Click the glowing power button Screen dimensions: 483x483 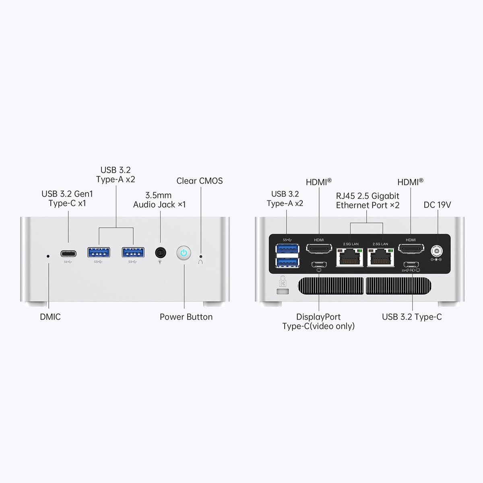point(184,253)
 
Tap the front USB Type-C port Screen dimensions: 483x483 point(68,254)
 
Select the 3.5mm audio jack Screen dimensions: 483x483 point(161,253)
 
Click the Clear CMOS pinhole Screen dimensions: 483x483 point(201,256)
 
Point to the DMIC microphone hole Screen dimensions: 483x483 point(48,256)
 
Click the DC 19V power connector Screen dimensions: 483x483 point(436,251)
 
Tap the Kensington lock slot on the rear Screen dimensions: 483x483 point(283,291)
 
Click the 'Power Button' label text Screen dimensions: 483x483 point(186,317)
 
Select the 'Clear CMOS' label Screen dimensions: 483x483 point(200,181)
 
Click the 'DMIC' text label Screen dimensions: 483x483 point(50,317)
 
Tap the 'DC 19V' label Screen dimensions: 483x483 point(437,205)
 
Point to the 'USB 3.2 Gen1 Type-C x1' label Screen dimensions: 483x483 point(67,199)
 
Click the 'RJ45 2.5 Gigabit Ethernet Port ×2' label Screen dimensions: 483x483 point(367,200)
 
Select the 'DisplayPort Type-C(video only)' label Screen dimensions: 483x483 point(318,322)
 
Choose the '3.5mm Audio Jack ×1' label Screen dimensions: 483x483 point(159,200)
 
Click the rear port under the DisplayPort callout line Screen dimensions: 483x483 point(319,264)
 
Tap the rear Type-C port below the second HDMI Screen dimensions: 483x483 point(411,264)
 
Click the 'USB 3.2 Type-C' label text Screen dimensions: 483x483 point(412,317)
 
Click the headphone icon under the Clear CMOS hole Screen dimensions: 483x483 point(201,262)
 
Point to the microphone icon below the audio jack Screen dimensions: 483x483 point(160,262)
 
